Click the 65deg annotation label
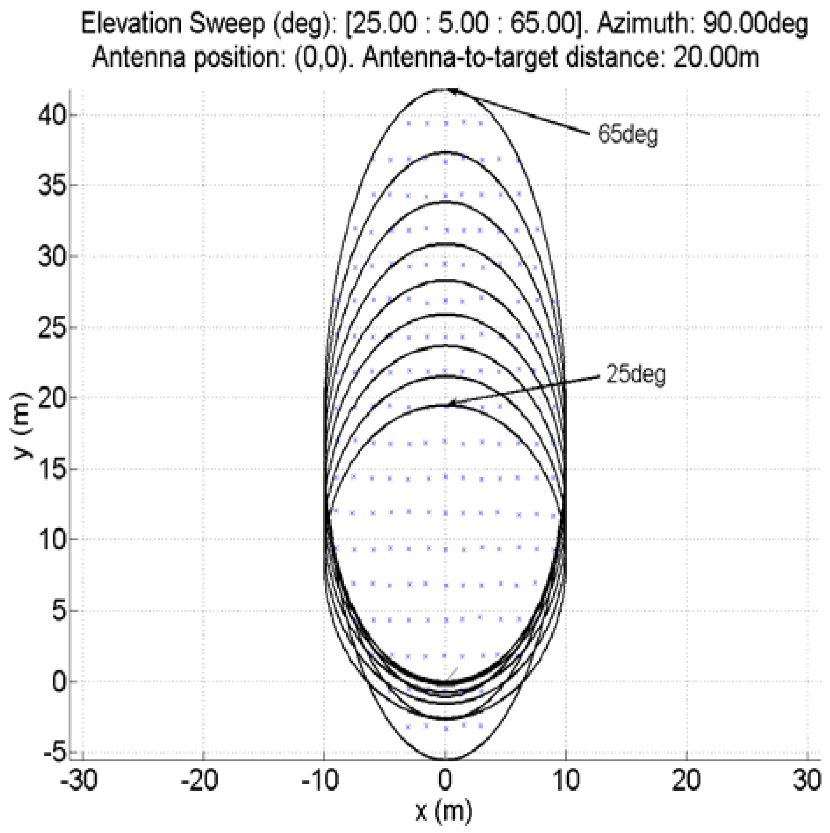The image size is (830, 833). click(x=628, y=135)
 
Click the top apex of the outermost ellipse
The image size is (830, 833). click(x=446, y=89)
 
